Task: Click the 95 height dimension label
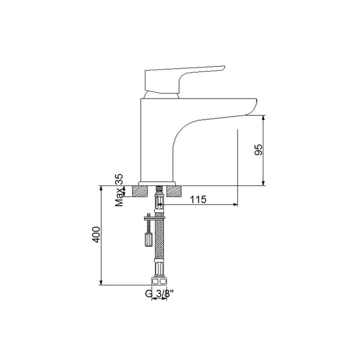pyautogui.click(x=258, y=150)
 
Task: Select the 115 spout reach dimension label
pyautogui.click(x=198, y=199)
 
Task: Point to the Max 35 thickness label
pyautogui.click(x=119, y=190)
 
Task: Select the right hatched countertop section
pyautogui.click(x=174, y=191)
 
